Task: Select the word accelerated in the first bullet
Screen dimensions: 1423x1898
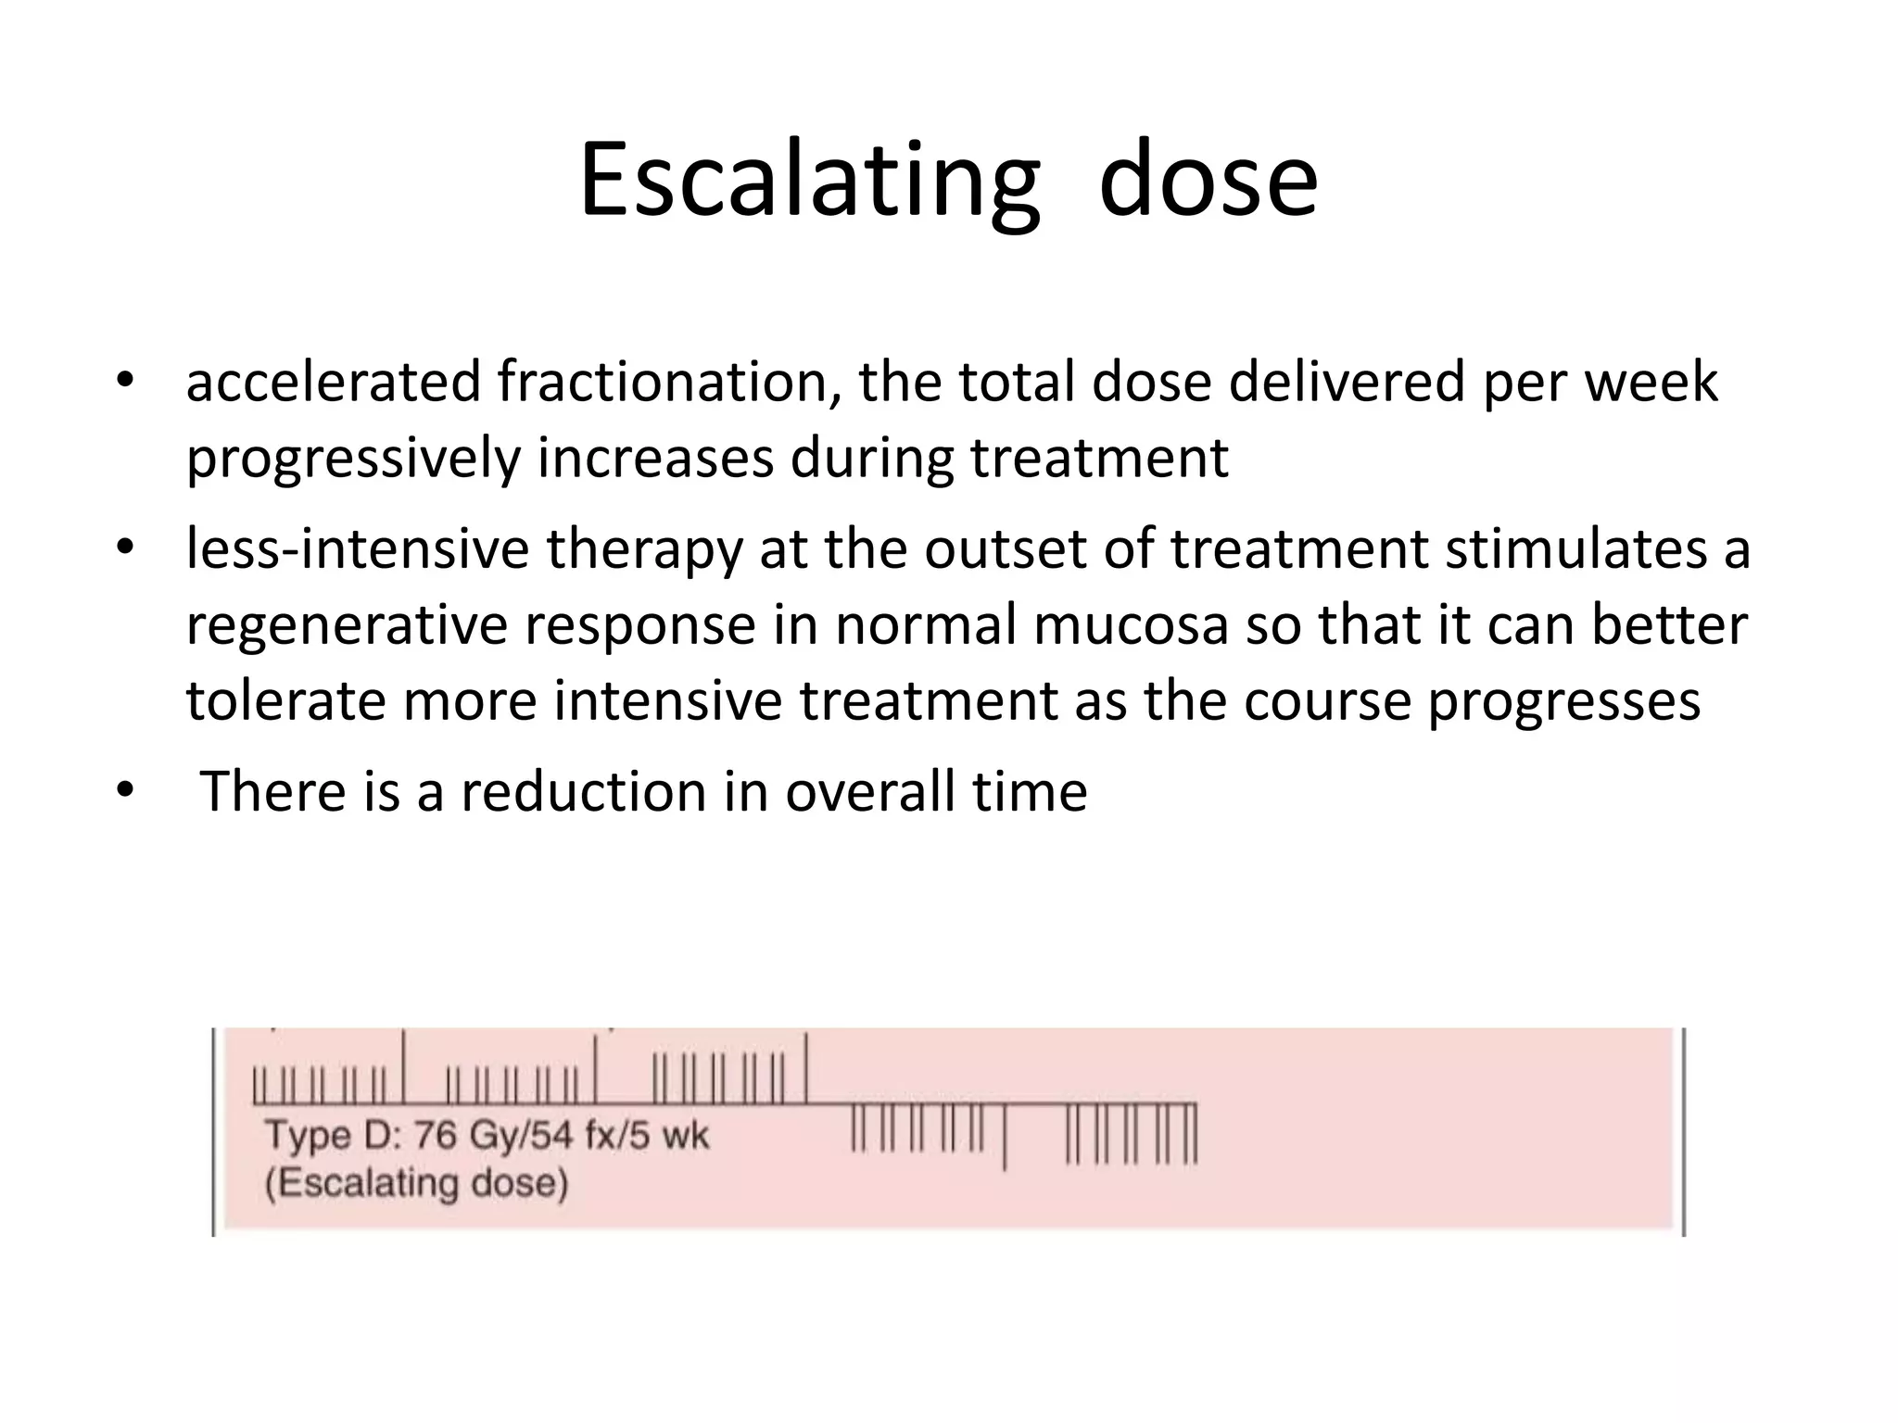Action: pos(333,382)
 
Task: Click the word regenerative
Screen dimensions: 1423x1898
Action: pos(347,624)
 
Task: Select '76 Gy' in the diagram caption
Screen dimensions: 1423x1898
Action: pos(464,1135)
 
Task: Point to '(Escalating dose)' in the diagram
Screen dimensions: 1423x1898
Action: pos(416,1184)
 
